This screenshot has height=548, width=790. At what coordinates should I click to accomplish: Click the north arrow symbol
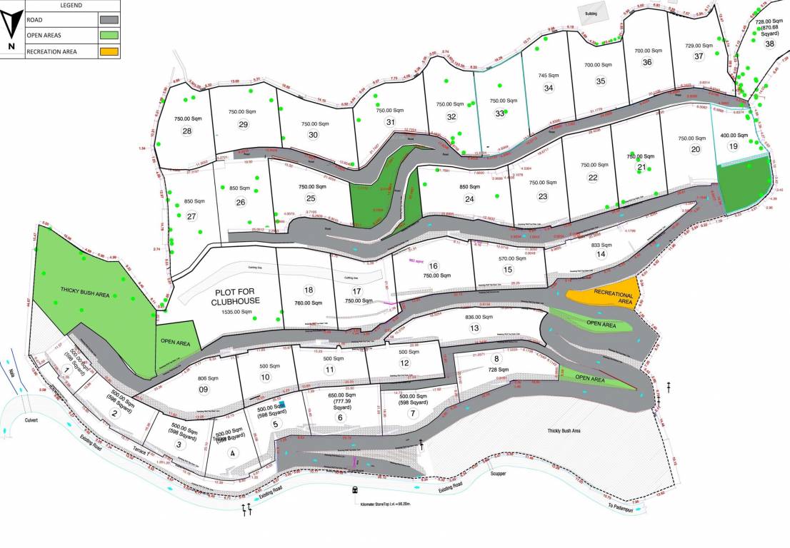tap(10, 27)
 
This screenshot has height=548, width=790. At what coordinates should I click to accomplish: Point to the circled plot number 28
tap(187, 131)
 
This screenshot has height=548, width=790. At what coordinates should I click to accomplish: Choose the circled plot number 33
tap(500, 113)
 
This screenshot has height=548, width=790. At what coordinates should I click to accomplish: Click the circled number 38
tap(769, 44)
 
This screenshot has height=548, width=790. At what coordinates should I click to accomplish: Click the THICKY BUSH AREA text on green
tap(89, 294)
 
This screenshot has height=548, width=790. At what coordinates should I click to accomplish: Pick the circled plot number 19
tap(733, 146)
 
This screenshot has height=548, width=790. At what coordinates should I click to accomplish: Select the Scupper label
tap(498, 472)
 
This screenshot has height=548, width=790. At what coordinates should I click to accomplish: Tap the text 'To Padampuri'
tap(620, 505)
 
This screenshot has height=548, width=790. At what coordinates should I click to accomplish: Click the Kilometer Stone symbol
tap(355, 490)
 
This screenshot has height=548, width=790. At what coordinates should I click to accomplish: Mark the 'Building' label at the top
tap(591, 14)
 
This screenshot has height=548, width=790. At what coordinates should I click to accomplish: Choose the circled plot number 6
tap(340, 418)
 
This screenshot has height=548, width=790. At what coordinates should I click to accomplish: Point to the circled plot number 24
tap(469, 200)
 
